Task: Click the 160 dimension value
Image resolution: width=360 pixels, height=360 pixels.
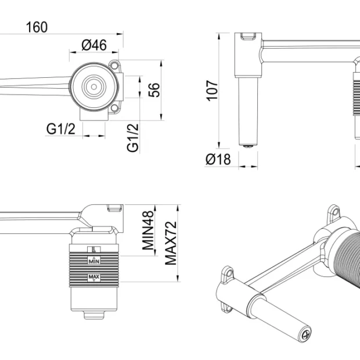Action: tap(37, 27)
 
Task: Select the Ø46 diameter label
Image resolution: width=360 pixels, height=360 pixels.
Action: tap(93, 44)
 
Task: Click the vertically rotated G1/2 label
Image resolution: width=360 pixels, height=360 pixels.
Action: tap(134, 138)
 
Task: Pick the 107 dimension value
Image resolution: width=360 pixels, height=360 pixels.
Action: tap(213, 90)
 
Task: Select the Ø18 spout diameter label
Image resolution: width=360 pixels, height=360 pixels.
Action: tap(219, 160)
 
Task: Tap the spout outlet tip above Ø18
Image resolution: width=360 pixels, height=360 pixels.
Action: tap(248, 146)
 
